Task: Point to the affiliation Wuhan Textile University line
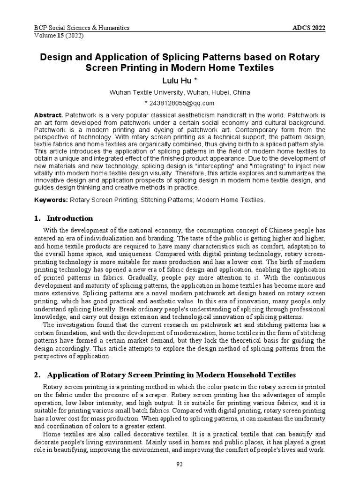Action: (180, 92)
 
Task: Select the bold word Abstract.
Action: (49, 115)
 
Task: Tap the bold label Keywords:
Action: (51, 200)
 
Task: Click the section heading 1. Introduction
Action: (64, 218)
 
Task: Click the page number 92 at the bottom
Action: (180, 464)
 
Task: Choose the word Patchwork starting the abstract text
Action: (82, 115)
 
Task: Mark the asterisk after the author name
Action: (196, 80)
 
